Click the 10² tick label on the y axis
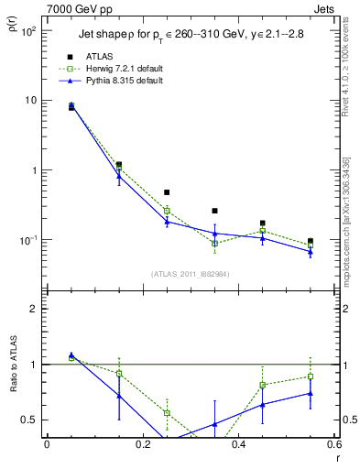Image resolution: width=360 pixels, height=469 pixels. pyautogui.click(x=27, y=31)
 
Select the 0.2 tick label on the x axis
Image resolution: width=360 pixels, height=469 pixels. pyautogui.click(x=143, y=446)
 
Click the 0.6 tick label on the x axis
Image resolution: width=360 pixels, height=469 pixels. pyautogui.click(x=335, y=446)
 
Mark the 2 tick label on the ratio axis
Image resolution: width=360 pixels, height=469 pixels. pyautogui.click(x=33, y=309)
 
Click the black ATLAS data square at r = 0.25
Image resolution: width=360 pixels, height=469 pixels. pyautogui.click(x=167, y=193)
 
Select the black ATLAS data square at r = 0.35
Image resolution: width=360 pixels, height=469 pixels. pyautogui.click(x=214, y=211)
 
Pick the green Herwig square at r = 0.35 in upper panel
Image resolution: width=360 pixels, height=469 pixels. pyautogui.click(x=214, y=244)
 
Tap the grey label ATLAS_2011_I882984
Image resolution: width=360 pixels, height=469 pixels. pyautogui.click(x=191, y=273)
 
